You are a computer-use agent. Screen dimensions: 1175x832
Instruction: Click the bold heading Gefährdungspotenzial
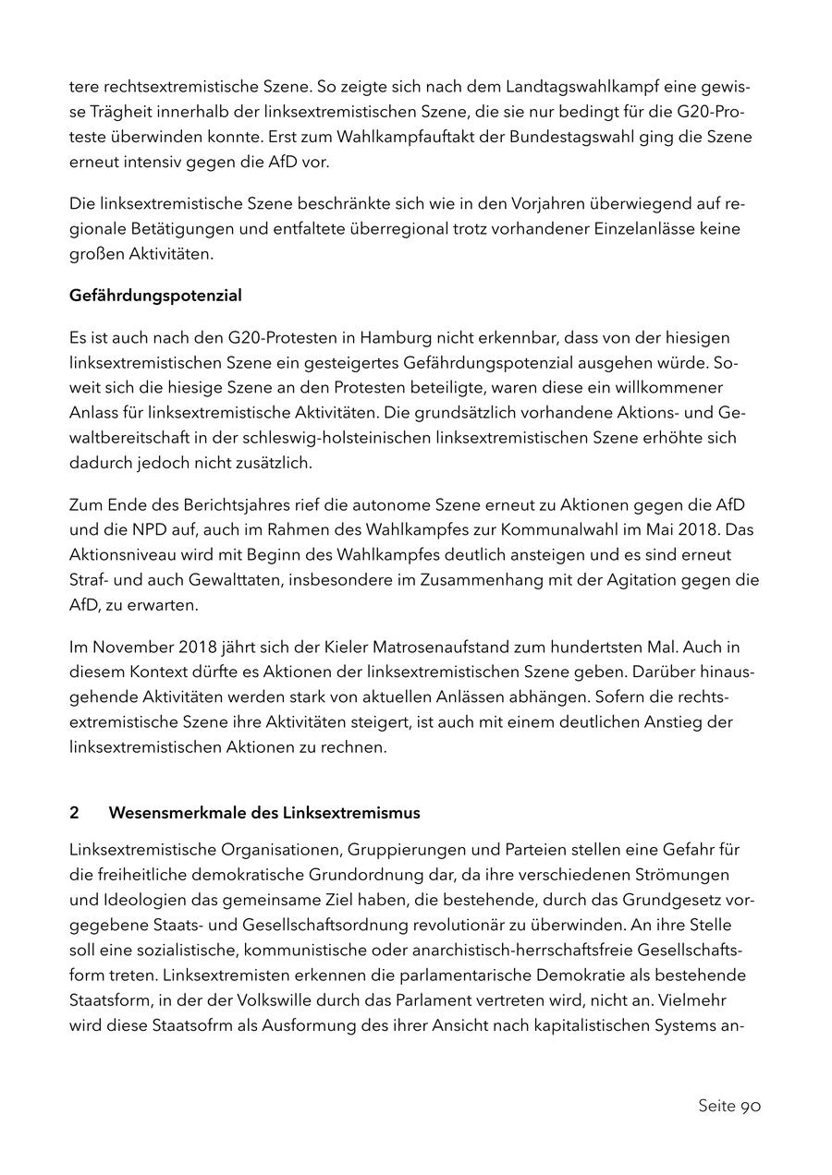click(155, 296)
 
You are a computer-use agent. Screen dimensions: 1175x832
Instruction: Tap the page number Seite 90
click(728, 1106)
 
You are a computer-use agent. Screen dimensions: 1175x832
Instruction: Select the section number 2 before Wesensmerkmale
click(74, 813)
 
